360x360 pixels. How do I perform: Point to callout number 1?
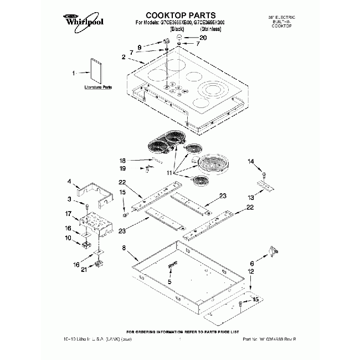click(x=73, y=73)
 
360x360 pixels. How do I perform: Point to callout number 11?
click(x=177, y=173)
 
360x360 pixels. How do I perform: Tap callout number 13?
click(x=251, y=197)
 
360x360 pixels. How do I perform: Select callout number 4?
click(x=69, y=181)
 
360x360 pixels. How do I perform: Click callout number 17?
click(x=69, y=214)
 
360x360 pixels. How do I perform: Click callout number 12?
click(x=251, y=272)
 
